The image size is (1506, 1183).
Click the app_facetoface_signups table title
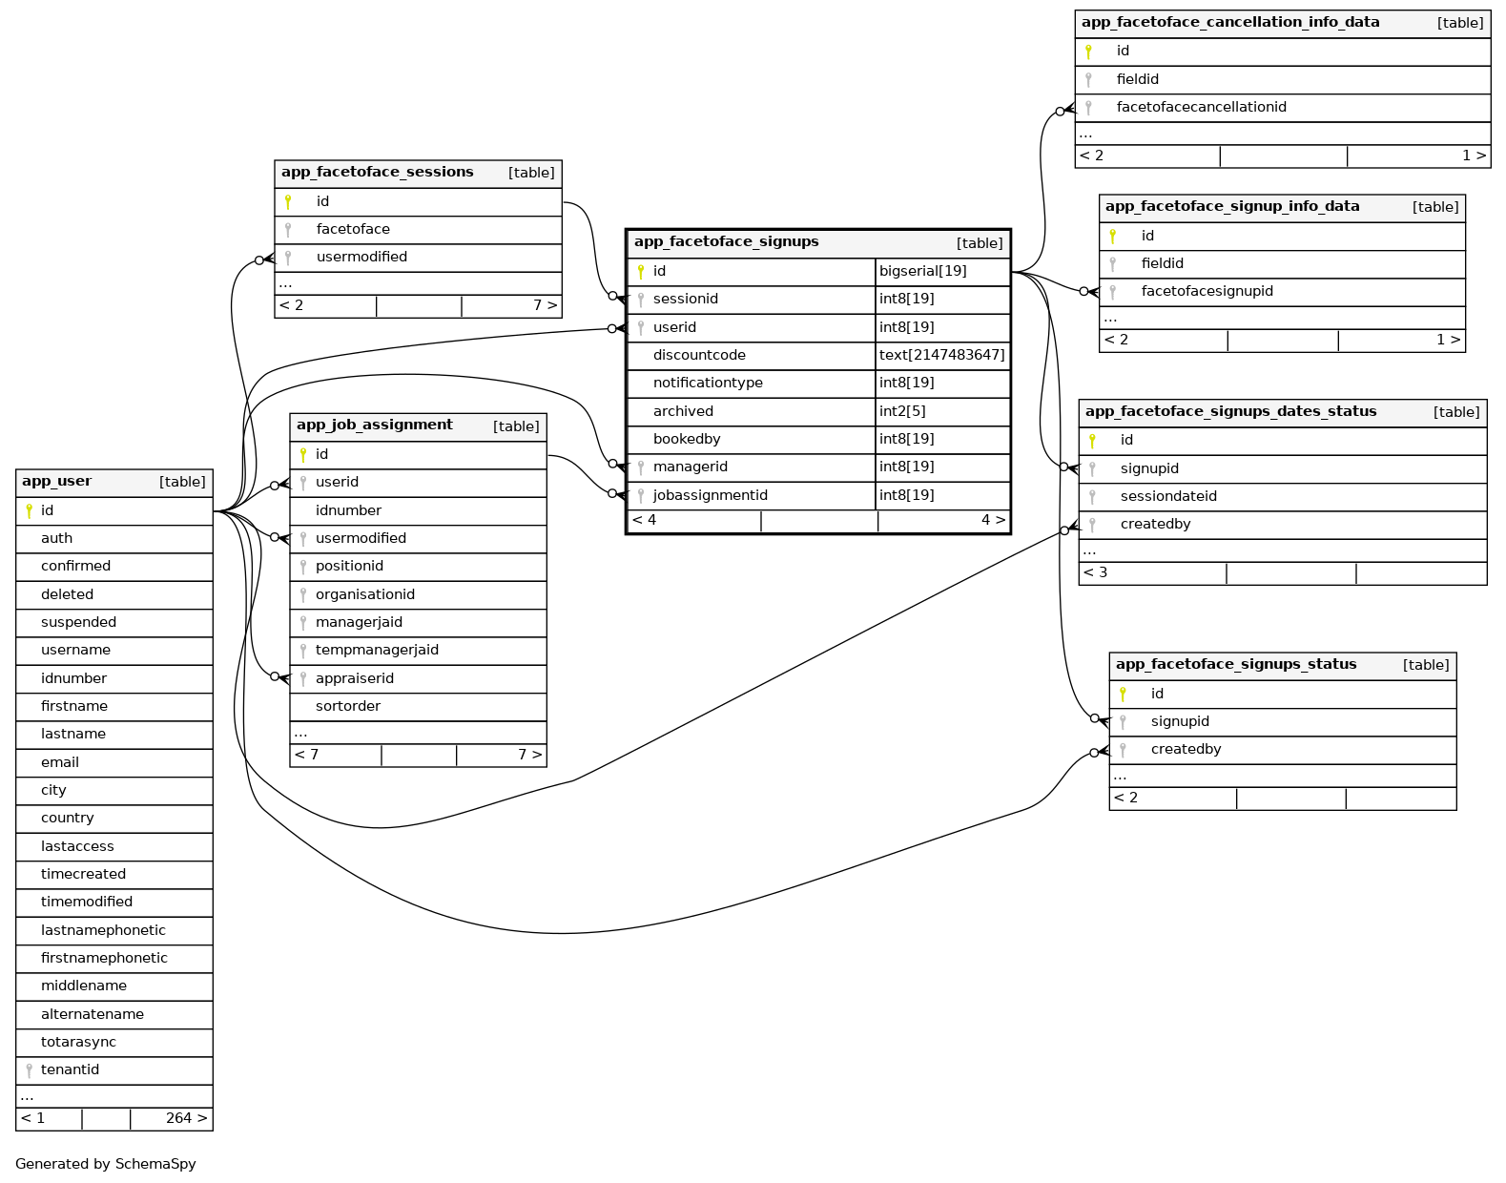click(726, 242)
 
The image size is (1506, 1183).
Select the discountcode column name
click(699, 355)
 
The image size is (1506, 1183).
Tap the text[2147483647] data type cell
click(941, 355)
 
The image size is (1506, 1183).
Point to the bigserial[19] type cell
click(922, 271)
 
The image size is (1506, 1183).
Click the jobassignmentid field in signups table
click(710, 495)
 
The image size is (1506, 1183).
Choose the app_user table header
click(57, 482)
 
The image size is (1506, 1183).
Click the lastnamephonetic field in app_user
click(103, 930)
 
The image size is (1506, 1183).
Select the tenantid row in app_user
click(70, 1069)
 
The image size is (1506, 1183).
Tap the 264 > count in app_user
click(186, 1118)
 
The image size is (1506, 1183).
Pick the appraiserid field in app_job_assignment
click(354, 678)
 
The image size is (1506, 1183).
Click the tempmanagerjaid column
click(377, 650)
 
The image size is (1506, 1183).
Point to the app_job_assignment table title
click(374, 425)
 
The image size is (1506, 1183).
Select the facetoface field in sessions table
click(353, 229)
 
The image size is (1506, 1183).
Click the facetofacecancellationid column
click(1201, 107)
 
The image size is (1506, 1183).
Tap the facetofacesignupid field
click(1207, 291)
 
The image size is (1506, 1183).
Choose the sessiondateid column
click(1168, 496)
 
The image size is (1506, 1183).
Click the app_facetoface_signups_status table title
click(1235, 665)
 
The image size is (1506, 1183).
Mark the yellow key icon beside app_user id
click(30, 510)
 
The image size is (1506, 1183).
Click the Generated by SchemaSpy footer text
click(106, 1164)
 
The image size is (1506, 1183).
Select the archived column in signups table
click(683, 411)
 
